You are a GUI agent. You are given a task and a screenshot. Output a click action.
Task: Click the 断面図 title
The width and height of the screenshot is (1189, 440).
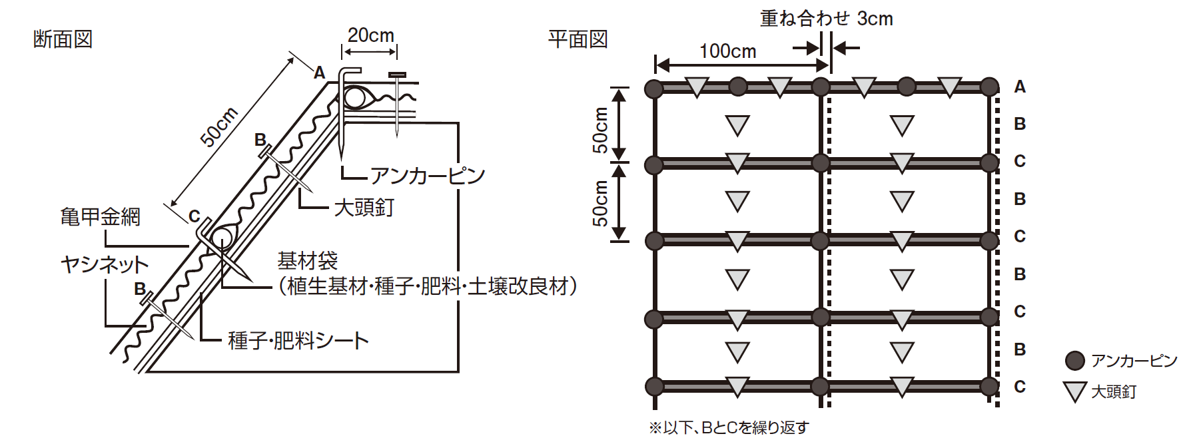(x=63, y=39)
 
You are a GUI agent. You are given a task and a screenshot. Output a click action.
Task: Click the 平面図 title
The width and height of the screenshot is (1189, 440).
(x=578, y=39)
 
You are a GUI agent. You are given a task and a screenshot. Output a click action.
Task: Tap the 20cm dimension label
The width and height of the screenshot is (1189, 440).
(x=370, y=35)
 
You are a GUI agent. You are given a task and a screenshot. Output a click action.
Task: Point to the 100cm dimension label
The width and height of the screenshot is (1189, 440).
(x=727, y=51)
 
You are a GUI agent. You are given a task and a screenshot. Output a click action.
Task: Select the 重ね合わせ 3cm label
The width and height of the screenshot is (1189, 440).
(x=826, y=19)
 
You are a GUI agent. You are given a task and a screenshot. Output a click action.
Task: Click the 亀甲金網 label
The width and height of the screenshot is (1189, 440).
(x=100, y=216)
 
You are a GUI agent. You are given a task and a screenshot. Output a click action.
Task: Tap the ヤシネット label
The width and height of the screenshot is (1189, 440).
(x=105, y=264)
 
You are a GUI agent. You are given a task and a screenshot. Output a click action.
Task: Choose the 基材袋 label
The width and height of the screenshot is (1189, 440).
(x=308, y=260)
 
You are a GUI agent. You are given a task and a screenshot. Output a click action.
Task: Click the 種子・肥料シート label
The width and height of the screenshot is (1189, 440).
(x=298, y=340)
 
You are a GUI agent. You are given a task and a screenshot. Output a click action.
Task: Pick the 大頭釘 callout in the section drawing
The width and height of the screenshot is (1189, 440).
(x=364, y=207)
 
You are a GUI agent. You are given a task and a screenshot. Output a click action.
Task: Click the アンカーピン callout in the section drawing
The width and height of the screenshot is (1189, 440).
(x=427, y=176)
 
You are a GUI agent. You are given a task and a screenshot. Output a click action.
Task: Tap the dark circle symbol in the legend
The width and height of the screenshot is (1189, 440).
(x=1074, y=361)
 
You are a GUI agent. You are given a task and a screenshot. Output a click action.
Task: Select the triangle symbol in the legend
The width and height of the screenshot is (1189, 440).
(x=1074, y=391)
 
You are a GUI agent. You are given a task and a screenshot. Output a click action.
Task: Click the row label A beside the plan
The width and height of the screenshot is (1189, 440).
(x=1020, y=87)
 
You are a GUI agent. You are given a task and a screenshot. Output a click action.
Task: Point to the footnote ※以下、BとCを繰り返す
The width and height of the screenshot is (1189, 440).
(x=729, y=427)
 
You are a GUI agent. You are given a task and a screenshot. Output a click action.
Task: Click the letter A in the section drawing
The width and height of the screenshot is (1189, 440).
(x=320, y=73)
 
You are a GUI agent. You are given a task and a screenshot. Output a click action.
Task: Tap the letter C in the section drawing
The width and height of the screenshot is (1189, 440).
(x=194, y=216)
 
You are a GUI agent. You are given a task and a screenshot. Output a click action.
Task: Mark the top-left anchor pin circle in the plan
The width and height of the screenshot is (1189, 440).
(x=654, y=88)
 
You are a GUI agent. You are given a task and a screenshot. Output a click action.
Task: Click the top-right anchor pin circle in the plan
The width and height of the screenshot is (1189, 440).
(x=989, y=87)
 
